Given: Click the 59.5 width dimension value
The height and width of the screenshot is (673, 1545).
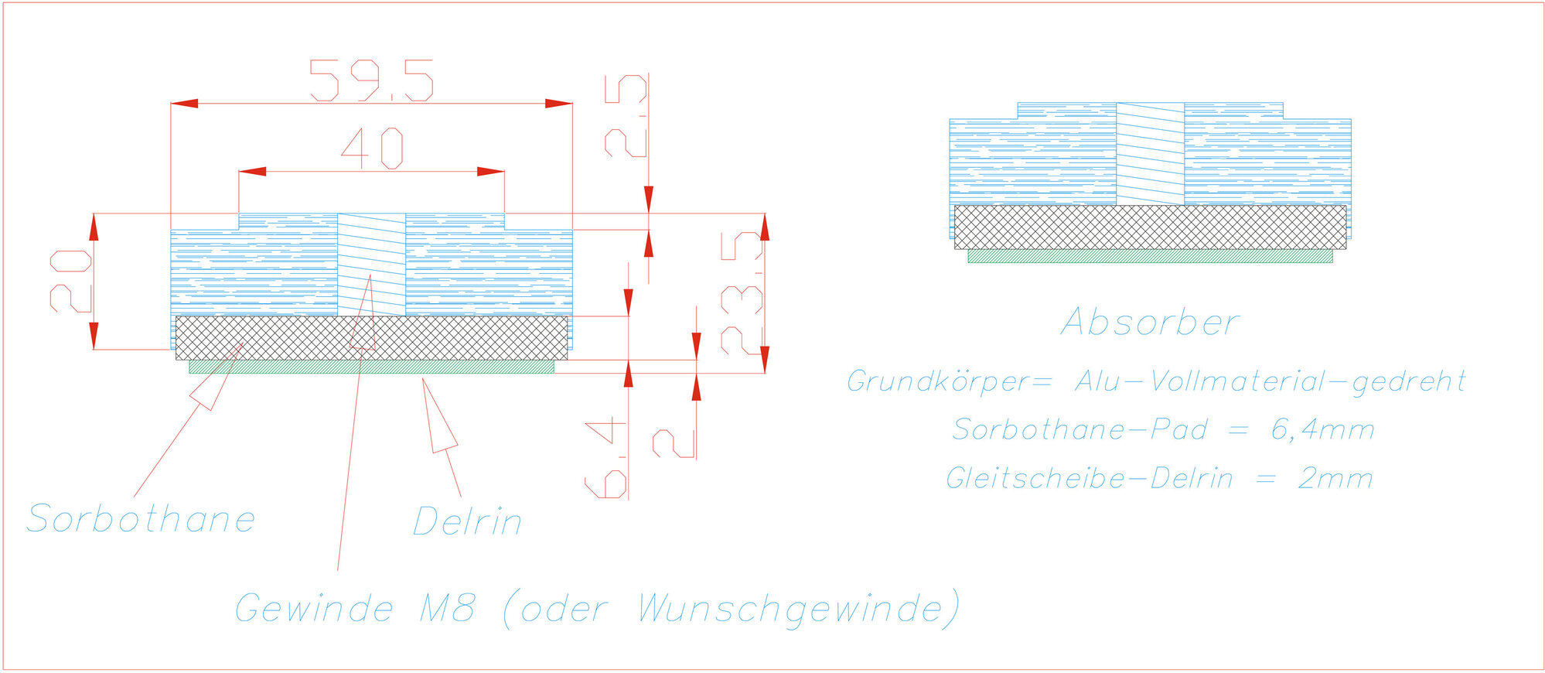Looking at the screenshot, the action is point(371,80).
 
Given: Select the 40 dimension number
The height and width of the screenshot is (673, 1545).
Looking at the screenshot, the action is point(372,148).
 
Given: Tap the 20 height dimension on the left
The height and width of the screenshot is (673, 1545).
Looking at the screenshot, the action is point(71,281).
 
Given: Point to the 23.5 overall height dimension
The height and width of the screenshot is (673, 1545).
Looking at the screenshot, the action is point(742,292).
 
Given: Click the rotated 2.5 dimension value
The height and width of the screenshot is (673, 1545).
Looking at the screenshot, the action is point(626,116).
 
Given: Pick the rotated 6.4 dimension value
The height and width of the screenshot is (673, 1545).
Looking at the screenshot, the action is point(605,457).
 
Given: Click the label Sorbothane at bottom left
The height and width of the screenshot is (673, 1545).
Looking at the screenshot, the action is point(141,518).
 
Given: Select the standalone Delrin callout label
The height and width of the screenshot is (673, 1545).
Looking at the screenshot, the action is point(467,521).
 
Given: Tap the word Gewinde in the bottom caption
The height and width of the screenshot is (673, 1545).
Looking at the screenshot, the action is point(314,609).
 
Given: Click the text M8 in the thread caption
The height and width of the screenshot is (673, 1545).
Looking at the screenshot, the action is point(447,608).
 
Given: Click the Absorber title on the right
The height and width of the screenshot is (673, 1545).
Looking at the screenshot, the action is point(1151,322).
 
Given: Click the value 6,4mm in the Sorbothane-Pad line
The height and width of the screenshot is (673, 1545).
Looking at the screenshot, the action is point(1323,430).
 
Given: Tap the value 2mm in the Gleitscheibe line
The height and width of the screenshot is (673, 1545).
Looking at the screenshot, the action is point(1335,479).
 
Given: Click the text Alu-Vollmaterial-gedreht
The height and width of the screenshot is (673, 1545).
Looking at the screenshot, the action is point(1270,381).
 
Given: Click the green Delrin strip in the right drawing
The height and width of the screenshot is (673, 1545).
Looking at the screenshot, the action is point(1150,256).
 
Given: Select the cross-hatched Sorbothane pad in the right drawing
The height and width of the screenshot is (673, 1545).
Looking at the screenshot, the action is point(1150,227).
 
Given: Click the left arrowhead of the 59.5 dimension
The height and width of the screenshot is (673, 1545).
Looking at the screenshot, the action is point(184,103).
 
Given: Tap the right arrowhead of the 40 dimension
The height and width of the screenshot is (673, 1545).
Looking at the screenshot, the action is point(491,171).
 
